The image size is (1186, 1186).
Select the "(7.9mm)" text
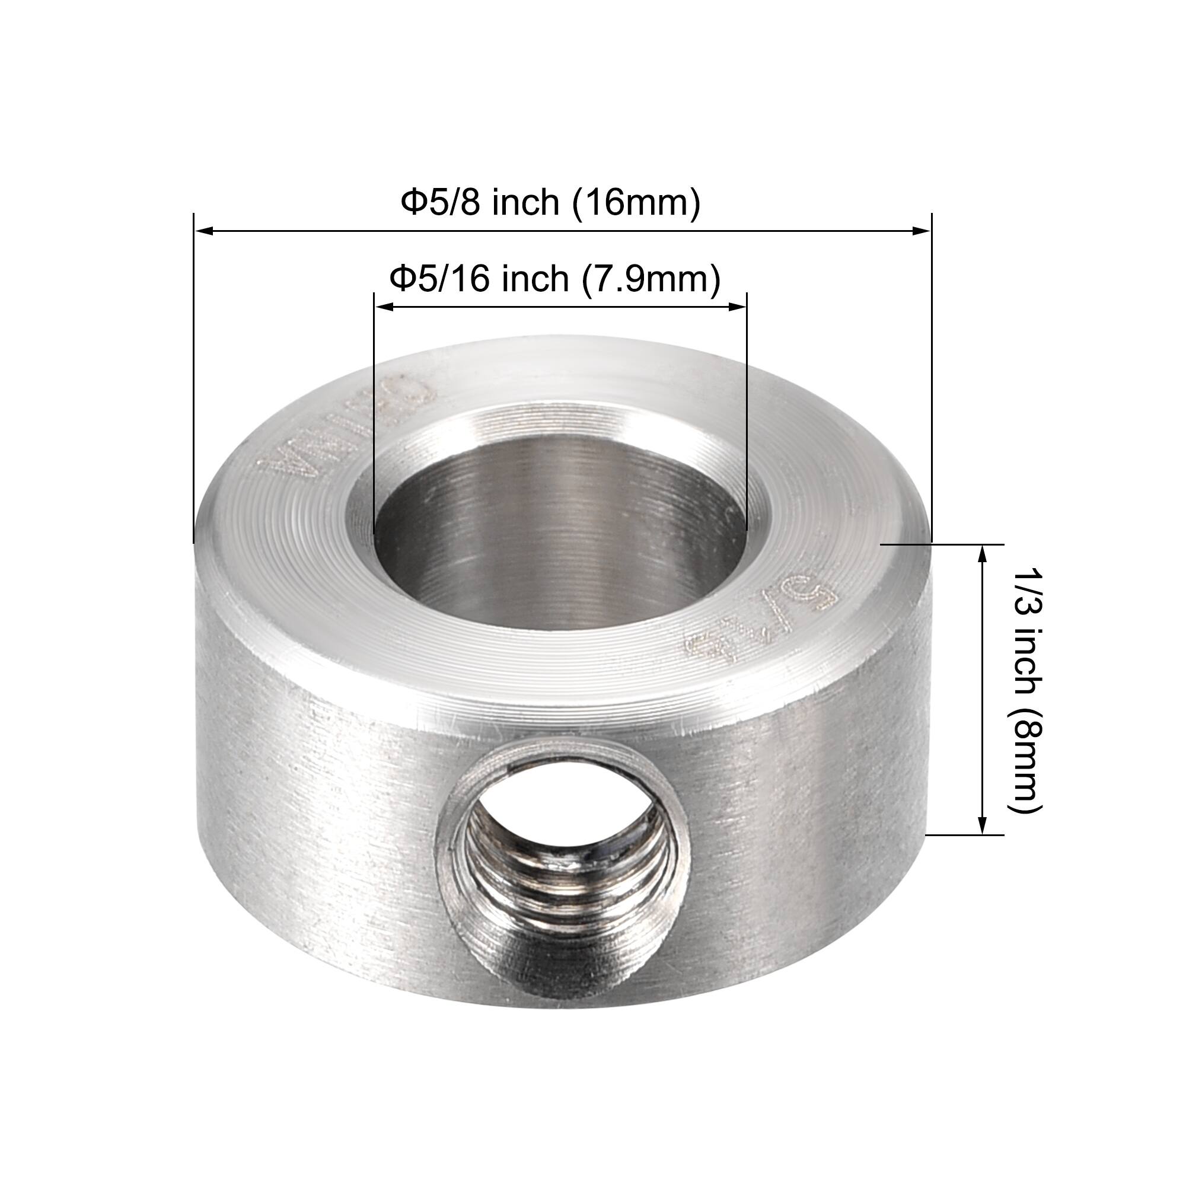(x=651, y=279)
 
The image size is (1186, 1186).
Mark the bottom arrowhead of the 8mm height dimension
(x=982, y=825)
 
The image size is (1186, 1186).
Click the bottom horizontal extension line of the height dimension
(x=964, y=835)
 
